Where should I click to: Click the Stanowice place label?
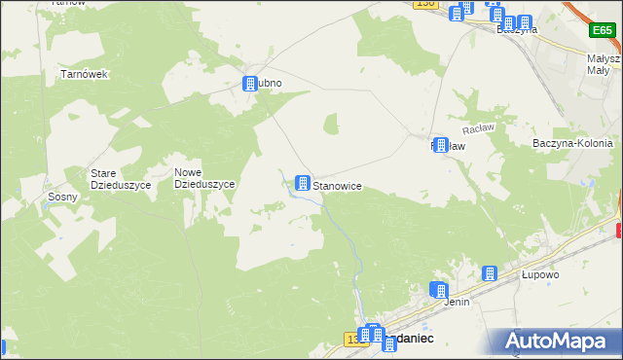tap(338, 184)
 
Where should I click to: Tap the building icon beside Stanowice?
tap(304, 183)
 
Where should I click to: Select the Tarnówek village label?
tap(84, 74)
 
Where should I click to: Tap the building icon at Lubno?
tap(248, 84)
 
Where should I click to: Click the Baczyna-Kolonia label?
tap(572, 143)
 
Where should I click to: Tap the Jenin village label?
tap(457, 302)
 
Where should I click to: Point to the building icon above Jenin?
tap(439, 290)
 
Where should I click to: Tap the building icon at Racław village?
tap(442, 146)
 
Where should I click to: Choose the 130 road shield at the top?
tap(424, 4)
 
